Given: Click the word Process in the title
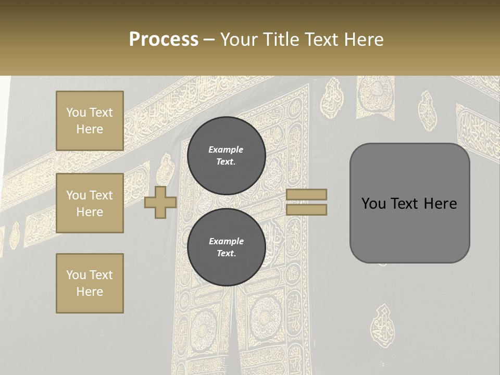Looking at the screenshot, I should pos(164,40).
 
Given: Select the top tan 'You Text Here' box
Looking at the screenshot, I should pos(90,121).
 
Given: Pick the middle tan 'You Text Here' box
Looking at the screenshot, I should pos(90,203).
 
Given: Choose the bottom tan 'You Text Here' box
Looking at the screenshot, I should pos(90,283).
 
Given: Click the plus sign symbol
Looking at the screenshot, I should pos(160,202).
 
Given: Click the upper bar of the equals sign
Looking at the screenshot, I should pos(306,194).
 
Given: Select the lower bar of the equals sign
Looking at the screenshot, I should pos(306,209).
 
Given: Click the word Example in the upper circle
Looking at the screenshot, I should pos(226,149).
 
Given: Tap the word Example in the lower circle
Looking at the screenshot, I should pos(226,241).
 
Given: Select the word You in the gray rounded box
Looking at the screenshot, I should pos(373,204).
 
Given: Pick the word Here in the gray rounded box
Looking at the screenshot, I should pos(440,204).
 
